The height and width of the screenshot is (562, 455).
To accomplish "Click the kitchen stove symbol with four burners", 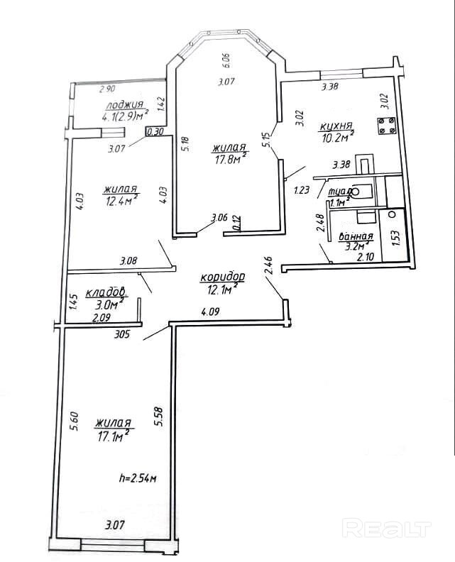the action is pyautogui.click(x=386, y=126).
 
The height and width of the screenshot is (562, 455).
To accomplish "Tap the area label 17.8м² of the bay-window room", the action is pyautogui.click(x=229, y=160).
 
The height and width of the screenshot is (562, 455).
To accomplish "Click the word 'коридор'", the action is pyautogui.click(x=222, y=276).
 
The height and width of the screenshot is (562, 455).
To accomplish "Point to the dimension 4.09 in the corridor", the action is pyautogui.click(x=211, y=311).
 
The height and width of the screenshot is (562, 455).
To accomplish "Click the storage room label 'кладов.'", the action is pyautogui.click(x=106, y=292).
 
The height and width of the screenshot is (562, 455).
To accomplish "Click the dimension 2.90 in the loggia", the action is pyautogui.click(x=107, y=89).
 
